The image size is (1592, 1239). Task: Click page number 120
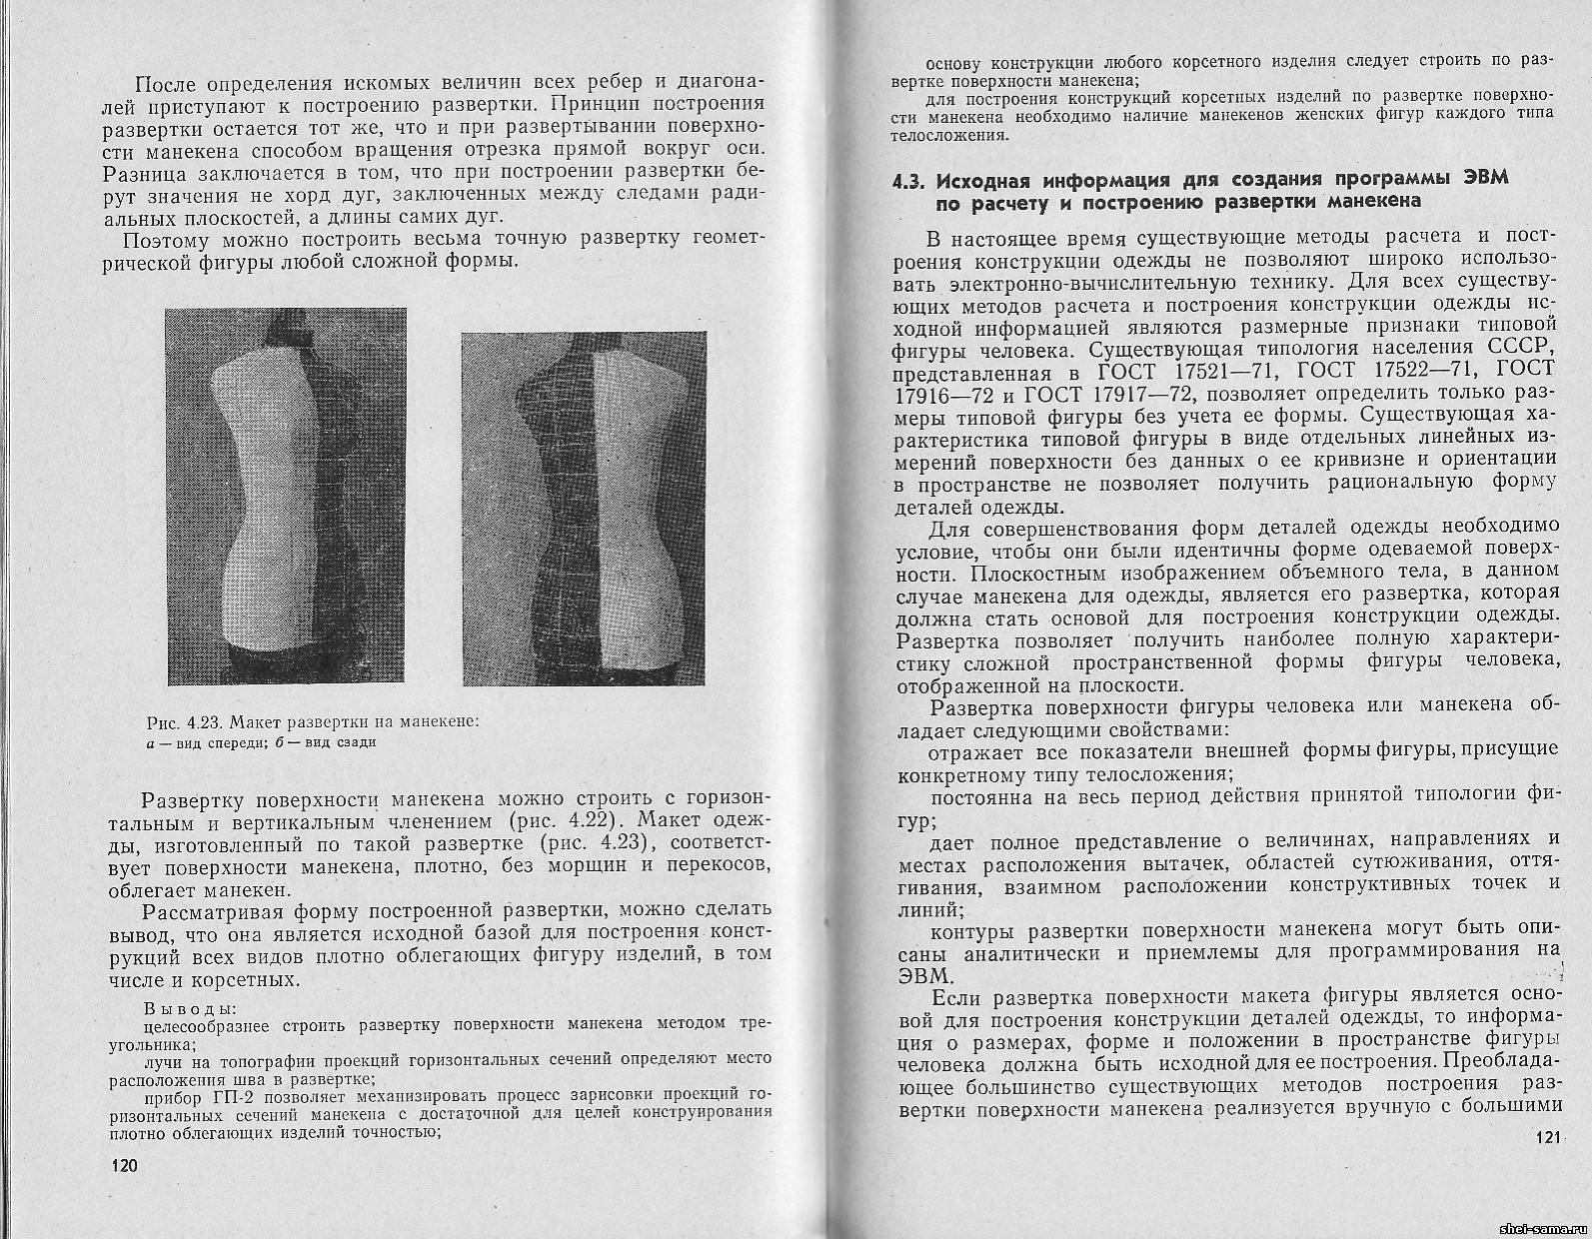126,1166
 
